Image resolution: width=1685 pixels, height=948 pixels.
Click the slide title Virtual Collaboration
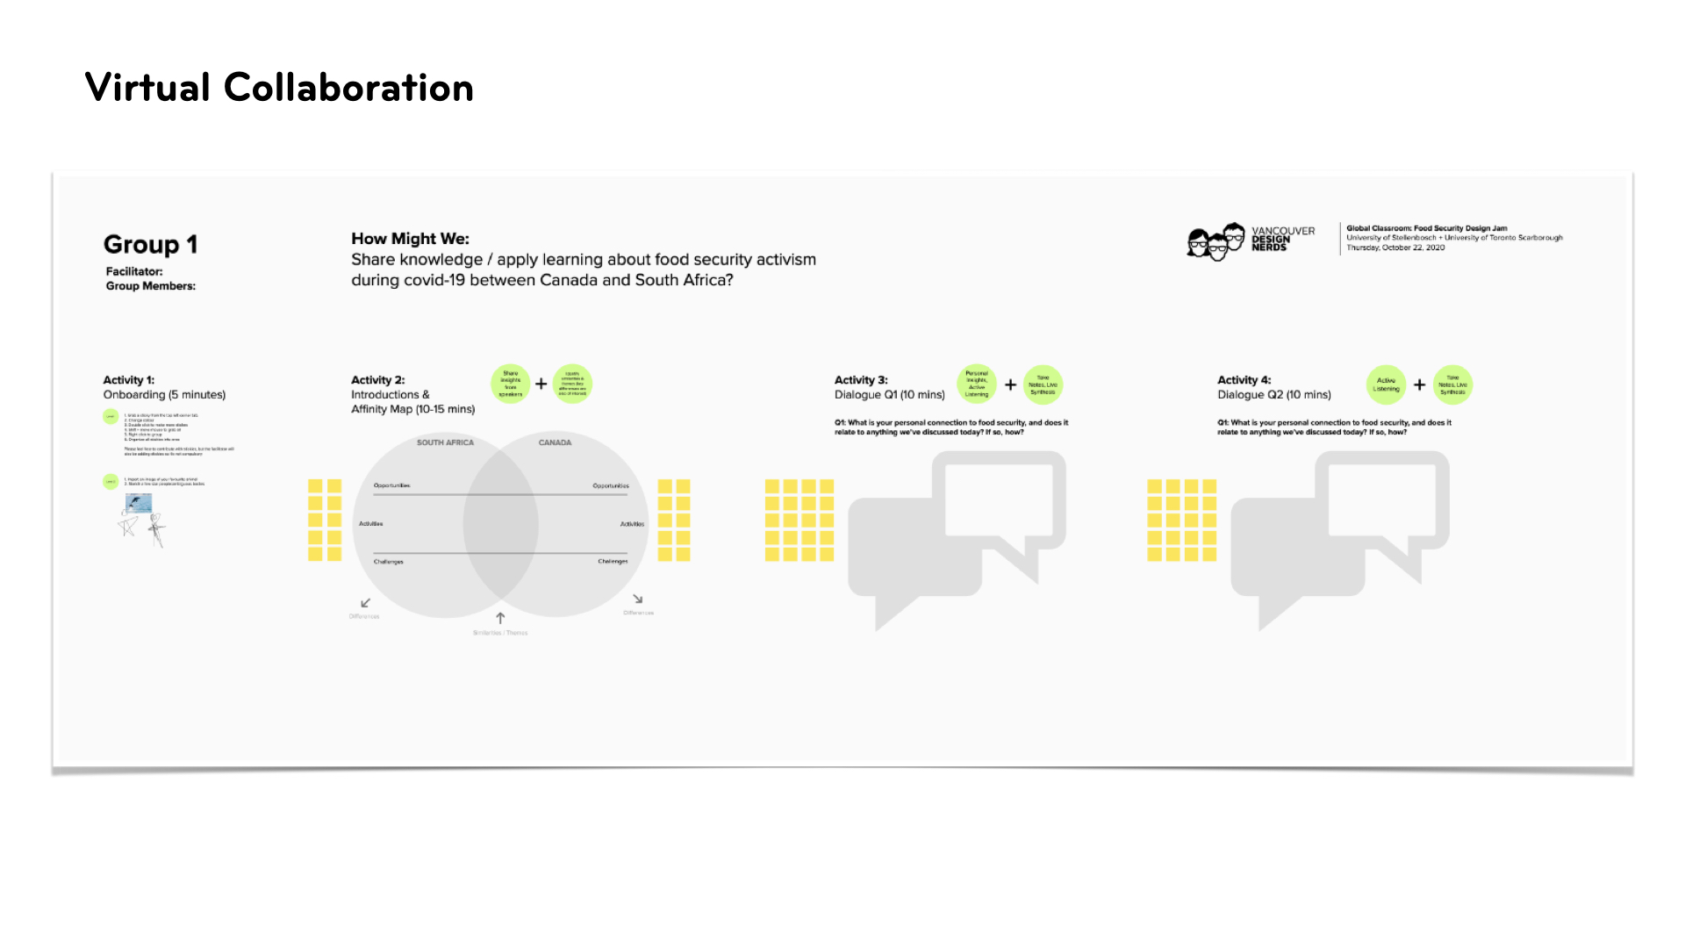[279, 88]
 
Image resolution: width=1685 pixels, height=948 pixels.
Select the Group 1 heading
[150, 244]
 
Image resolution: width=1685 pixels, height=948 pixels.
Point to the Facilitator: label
[134, 271]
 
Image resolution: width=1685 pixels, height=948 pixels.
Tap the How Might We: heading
[410, 239]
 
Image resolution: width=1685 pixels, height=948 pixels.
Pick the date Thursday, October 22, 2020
[1395, 248]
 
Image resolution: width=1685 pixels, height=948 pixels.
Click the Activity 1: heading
[129, 380]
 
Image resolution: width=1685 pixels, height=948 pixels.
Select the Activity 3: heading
[861, 380]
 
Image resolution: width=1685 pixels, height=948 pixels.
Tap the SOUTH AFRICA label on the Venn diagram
[445, 442]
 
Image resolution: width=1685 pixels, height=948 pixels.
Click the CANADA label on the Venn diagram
[555, 442]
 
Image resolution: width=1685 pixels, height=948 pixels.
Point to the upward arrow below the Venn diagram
[500, 618]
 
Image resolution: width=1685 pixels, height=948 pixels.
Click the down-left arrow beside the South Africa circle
[366, 603]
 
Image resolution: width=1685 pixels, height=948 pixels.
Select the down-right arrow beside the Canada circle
[638, 600]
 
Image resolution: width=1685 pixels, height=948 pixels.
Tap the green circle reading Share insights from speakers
[510, 384]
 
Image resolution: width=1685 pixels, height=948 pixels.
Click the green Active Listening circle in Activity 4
[1386, 384]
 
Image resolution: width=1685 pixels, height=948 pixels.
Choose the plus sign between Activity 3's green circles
[1010, 384]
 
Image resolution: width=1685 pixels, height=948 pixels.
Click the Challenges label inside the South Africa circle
[389, 562]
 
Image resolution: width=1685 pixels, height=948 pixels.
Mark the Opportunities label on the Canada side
[611, 485]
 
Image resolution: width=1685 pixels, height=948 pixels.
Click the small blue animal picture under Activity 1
[139, 503]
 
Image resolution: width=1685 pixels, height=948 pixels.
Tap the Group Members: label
[151, 286]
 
